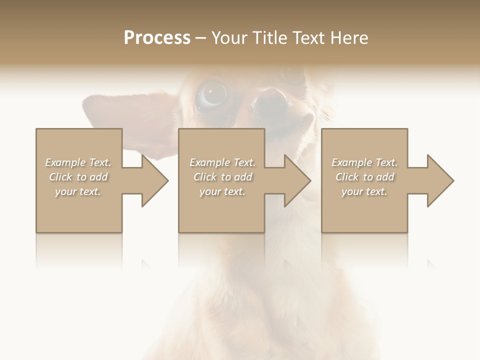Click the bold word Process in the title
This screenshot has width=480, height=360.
click(x=157, y=38)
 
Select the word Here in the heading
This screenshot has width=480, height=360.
click(x=348, y=38)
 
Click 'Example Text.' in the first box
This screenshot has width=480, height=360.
click(x=78, y=162)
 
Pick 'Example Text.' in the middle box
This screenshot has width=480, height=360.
click(x=222, y=162)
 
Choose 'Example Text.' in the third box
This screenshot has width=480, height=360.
click(x=364, y=162)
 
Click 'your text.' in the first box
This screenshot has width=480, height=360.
click(x=78, y=191)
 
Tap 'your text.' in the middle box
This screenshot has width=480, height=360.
click(x=222, y=191)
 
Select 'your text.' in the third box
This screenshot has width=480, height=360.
click(x=364, y=191)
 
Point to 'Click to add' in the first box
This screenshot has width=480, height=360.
click(x=78, y=177)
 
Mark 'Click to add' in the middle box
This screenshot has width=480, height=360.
click(x=222, y=177)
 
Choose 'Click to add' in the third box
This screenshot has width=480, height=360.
click(x=364, y=177)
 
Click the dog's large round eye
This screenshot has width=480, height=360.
click(x=212, y=94)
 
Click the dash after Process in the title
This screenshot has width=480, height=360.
click(x=200, y=38)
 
